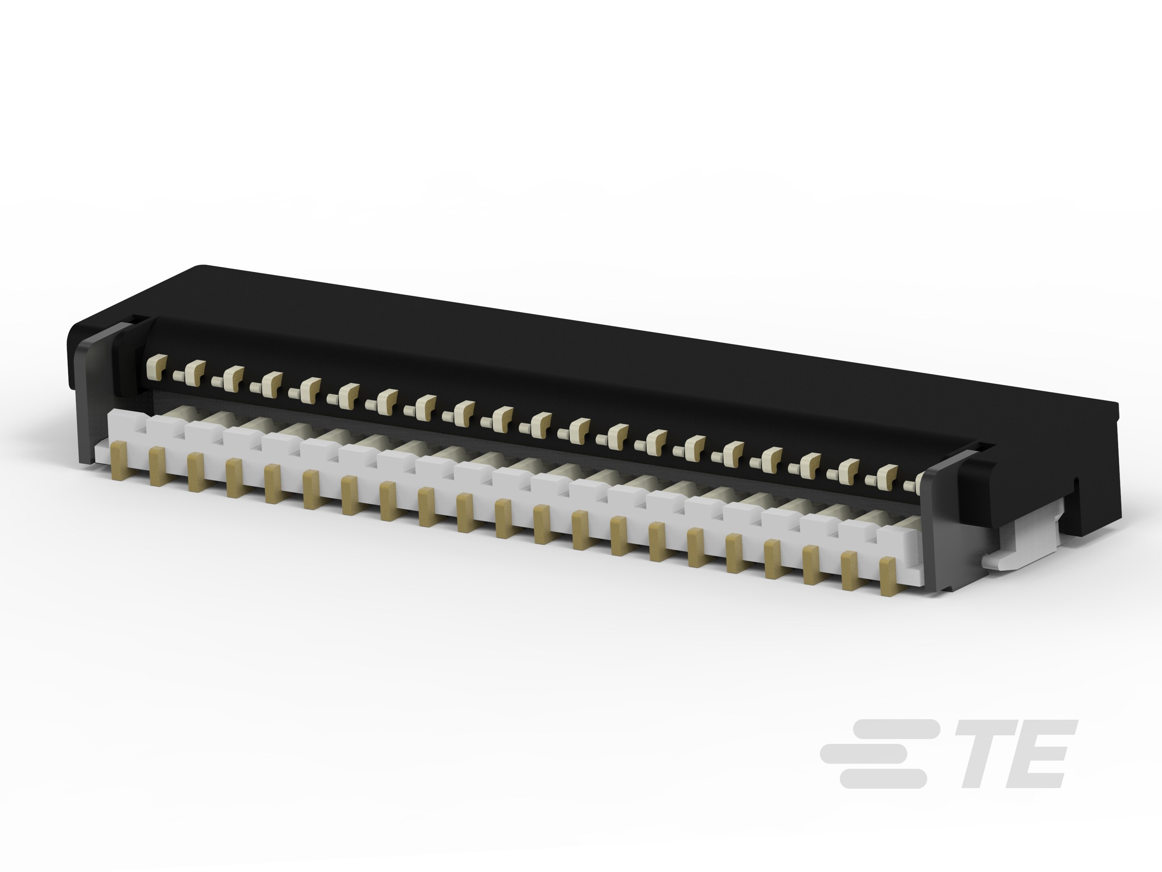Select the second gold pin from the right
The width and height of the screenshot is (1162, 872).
point(849,571)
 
